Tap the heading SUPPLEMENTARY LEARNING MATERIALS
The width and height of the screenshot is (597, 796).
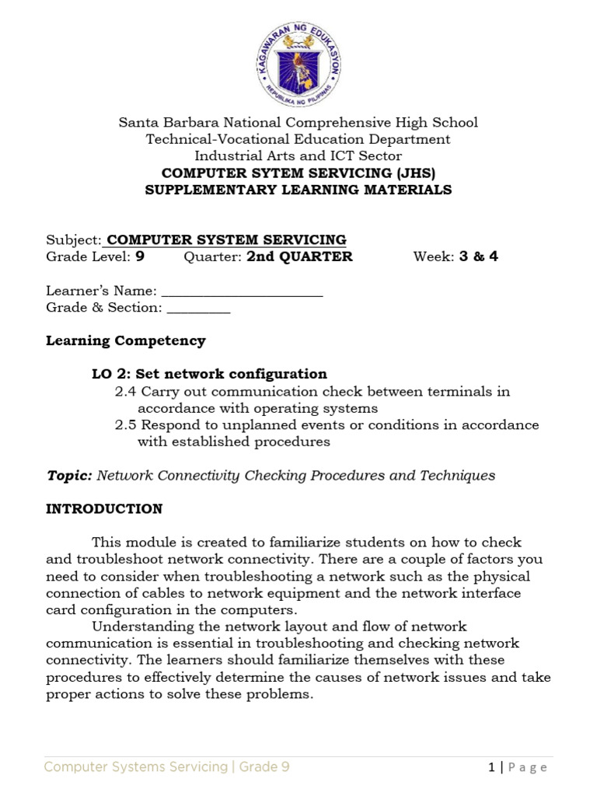(298, 190)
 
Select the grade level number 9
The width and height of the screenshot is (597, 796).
(140, 257)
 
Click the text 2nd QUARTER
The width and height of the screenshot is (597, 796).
(299, 257)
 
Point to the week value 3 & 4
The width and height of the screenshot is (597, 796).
(477, 257)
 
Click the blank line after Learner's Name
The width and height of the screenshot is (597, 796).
(242, 292)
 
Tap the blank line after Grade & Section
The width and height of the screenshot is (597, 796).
(198, 309)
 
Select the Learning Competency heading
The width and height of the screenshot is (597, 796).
(126, 340)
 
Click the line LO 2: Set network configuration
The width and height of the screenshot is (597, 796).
(209, 374)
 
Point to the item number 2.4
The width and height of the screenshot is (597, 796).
(126, 392)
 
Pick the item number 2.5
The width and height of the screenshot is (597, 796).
(126, 425)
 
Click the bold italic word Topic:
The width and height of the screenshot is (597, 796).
(70, 476)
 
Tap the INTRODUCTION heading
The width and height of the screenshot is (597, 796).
(104, 509)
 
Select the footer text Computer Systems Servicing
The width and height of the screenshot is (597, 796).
(135, 767)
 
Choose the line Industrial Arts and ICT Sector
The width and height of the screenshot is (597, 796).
(298, 156)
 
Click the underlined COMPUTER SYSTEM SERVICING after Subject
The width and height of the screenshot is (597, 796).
(226, 239)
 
